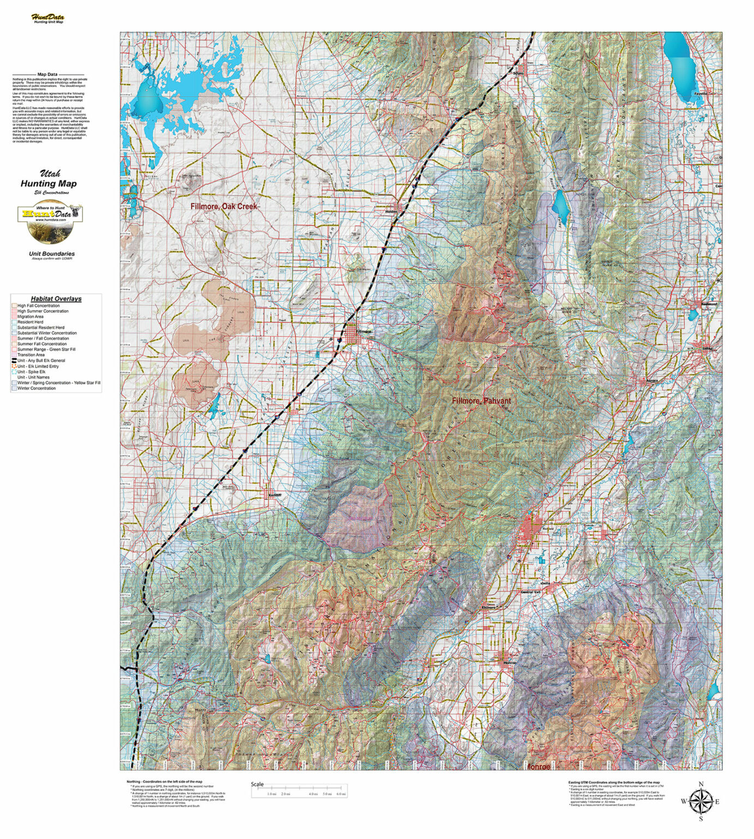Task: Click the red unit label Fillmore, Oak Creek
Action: pyautogui.click(x=223, y=206)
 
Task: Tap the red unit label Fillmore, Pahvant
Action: pyautogui.click(x=481, y=400)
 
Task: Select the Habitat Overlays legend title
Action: pyautogui.click(x=56, y=299)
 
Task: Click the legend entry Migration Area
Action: pyautogui.click(x=30, y=316)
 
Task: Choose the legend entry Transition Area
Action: pyautogui.click(x=31, y=354)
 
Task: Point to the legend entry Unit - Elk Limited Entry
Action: pyautogui.click(x=38, y=366)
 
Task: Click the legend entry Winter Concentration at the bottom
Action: pyautogui.click(x=36, y=388)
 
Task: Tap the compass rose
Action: pyautogui.click(x=701, y=801)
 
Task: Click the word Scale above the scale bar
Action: pyautogui.click(x=257, y=784)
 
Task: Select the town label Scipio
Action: pyautogui.click(x=518, y=73)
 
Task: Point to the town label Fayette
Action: pyautogui.click(x=700, y=93)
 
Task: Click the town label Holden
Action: pyautogui.click(x=392, y=211)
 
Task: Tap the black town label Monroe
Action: pyautogui.click(x=509, y=662)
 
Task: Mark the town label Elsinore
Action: pyautogui.click(x=488, y=607)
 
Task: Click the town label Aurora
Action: pyautogui.click(x=652, y=380)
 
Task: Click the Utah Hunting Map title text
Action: pyautogui.click(x=49, y=180)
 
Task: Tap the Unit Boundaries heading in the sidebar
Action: pyautogui.click(x=52, y=253)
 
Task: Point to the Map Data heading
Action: pyautogui.click(x=47, y=74)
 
